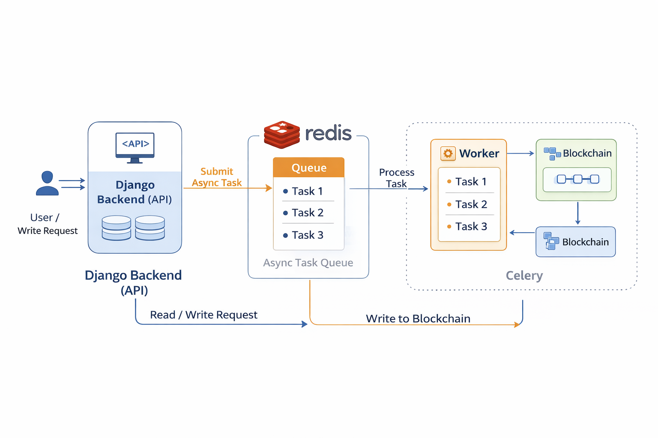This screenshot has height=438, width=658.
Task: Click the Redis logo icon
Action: click(x=282, y=134)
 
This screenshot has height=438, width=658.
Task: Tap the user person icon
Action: click(x=47, y=183)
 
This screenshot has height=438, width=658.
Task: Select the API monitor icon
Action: click(x=135, y=147)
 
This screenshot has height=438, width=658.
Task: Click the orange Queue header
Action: click(x=308, y=168)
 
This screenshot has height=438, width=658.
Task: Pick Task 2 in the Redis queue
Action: click(x=307, y=213)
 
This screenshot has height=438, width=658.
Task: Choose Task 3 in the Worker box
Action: click(x=470, y=226)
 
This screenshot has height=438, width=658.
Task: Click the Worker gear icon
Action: click(x=448, y=154)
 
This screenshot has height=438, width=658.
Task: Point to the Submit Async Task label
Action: click(x=217, y=177)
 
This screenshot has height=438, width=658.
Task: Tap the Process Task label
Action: click(x=396, y=178)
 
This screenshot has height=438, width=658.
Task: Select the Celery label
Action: click(x=524, y=275)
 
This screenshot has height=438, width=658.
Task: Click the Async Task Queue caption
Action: click(x=308, y=263)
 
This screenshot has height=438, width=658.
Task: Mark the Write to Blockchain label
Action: click(x=418, y=319)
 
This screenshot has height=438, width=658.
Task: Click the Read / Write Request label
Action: click(x=203, y=315)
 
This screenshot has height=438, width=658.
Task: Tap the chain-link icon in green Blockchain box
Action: click(x=577, y=179)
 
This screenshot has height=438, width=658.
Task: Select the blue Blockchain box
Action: click(x=575, y=242)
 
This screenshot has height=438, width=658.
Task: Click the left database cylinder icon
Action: click(x=117, y=228)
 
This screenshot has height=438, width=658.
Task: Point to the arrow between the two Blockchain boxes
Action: click(x=577, y=213)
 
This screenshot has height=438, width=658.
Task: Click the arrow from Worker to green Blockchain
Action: click(x=520, y=153)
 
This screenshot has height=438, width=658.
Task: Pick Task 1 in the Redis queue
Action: click(x=307, y=191)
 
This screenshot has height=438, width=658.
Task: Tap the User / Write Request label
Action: click(x=47, y=224)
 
